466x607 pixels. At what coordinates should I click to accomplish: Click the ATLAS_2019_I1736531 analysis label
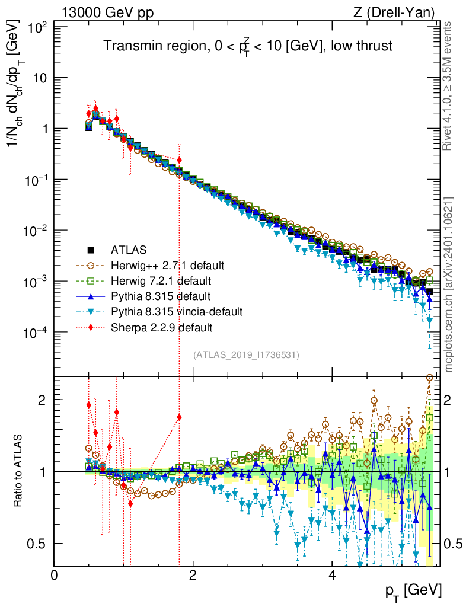pyautogui.click(x=245, y=355)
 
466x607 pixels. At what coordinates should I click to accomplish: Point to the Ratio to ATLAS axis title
pyautogui.click(x=19, y=471)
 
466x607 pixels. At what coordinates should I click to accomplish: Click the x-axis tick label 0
pyautogui.click(x=55, y=576)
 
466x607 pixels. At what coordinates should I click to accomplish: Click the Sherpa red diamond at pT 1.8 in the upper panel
pyautogui.click(x=179, y=160)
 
